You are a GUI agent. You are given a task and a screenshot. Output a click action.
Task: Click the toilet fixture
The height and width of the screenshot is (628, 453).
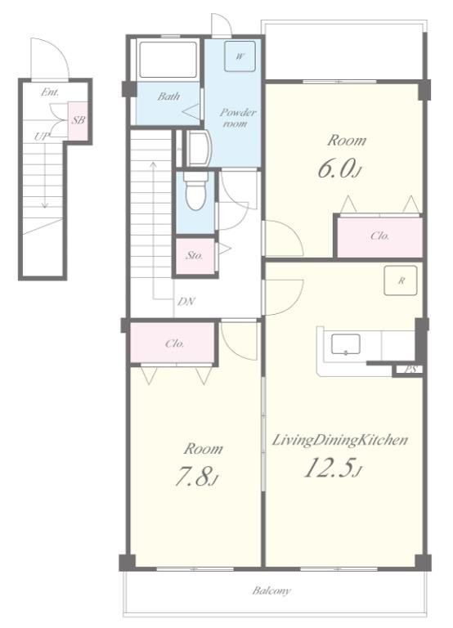(x=195, y=192)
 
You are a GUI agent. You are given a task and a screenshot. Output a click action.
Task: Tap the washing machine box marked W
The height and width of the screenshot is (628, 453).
(x=240, y=56)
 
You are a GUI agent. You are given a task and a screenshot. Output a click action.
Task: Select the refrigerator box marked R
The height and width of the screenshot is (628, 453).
(x=401, y=280)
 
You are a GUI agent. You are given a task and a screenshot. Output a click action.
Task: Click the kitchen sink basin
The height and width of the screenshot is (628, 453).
(x=345, y=344)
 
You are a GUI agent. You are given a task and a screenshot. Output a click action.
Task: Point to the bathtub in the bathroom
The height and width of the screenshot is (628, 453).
(x=168, y=59)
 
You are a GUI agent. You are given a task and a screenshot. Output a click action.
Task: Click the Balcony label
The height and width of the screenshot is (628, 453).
(x=271, y=590)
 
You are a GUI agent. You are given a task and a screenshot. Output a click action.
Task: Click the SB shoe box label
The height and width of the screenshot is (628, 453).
(x=78, y=119)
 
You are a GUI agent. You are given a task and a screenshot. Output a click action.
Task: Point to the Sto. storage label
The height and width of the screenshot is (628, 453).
(x=195, y=255)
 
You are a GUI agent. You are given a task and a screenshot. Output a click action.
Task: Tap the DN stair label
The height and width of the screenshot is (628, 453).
(x=186, y=302)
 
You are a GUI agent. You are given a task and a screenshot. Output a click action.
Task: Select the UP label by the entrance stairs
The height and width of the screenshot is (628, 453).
(x=41, y=137)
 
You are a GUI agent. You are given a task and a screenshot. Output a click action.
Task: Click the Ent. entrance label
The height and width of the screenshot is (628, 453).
(x=50, y=92)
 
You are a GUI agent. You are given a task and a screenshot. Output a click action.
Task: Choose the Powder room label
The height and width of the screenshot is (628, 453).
(x=237, y=118)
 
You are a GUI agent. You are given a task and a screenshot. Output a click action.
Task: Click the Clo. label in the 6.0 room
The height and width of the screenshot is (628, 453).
(x=379, y=235)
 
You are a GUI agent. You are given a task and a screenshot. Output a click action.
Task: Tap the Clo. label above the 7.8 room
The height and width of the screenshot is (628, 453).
(x=175, y=343)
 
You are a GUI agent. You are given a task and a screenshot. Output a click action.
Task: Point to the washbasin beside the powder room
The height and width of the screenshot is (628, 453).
(x=199, y=148)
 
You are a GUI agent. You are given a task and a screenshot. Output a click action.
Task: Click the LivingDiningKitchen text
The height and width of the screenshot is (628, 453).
(x=340, y=440)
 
